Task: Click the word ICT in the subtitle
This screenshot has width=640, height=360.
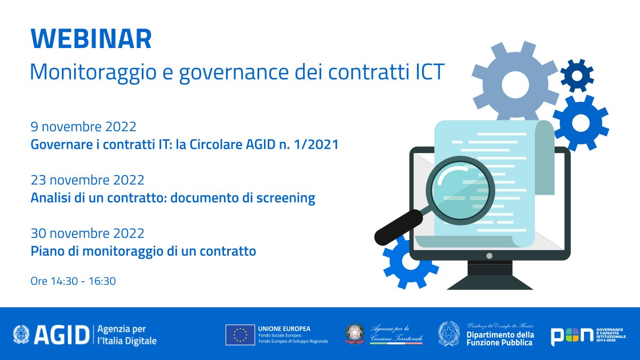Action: (x=430, y=72)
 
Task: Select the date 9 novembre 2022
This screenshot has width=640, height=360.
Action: (x=84, y=127)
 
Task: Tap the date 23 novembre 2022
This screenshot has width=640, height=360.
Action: (x=87, y=180)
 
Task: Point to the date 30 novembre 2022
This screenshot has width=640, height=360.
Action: (x=87, y=234)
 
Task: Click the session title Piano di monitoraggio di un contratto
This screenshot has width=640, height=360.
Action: (x=143, y=251)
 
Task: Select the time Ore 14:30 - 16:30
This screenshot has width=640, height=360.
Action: (x=73, y=281)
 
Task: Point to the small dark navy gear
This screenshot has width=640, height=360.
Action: (x=577, y=75)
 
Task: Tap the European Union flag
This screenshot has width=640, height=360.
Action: (x=239, y=334)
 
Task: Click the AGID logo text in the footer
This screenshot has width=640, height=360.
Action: (x=61, y=334)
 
